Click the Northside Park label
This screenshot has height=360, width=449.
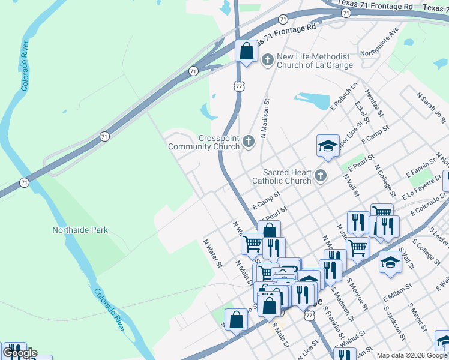pyautogui.click(x=80, y=230)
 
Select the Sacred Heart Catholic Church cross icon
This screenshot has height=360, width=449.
pyautogui.click(x=321, y=176)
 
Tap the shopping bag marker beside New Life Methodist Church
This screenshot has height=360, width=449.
pyautogui.click(x=246, y=52)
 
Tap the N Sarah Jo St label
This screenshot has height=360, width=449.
pyautogui.click(x=432, y=108)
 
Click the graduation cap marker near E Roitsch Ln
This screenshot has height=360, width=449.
pyautogui.click(x=328, y=146)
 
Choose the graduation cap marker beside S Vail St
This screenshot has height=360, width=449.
pyautogui.click(x=390, y=263)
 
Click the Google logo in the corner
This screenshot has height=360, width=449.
pyautogui.click(x=19, y=353)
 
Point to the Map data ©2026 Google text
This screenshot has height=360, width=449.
pyautogui.click(x=412, y=355)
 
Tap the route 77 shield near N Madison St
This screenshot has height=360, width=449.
pyautogui.click(x=238, y=88)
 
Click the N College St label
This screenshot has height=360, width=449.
pyautogui.click(x=384, y=180)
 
